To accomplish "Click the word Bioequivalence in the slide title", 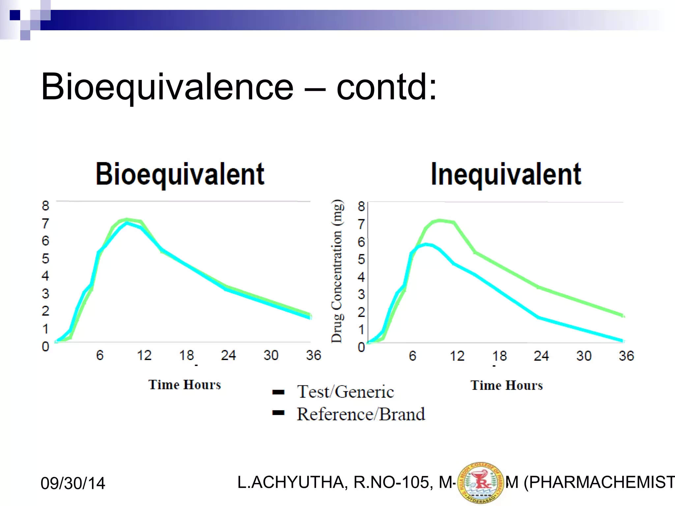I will [167, 87].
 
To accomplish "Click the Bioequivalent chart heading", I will [180, 174].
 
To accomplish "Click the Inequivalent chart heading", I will [506, 174].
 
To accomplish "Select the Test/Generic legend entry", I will [345, 392].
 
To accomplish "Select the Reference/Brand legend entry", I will [361, 414].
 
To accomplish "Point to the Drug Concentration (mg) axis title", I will [337, 271].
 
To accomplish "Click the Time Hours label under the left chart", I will [185, 385].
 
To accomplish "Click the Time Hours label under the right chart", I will [507, 385].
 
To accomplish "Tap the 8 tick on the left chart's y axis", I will [45, 206].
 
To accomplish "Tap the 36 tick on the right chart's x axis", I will [626, 356].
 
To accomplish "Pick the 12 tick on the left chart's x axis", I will [144, 355].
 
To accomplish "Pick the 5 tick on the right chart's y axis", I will [361, 259].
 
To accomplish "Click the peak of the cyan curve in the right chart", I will [426, 244].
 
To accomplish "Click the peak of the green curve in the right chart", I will [439, 220].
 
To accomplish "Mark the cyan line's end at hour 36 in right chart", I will [622, 341].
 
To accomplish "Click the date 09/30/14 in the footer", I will [73, 483].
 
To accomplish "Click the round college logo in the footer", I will [481, 483].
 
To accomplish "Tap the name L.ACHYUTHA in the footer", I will [291, 482].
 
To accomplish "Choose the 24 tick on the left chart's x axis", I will [228, 355].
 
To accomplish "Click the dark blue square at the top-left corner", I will [15, 15].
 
